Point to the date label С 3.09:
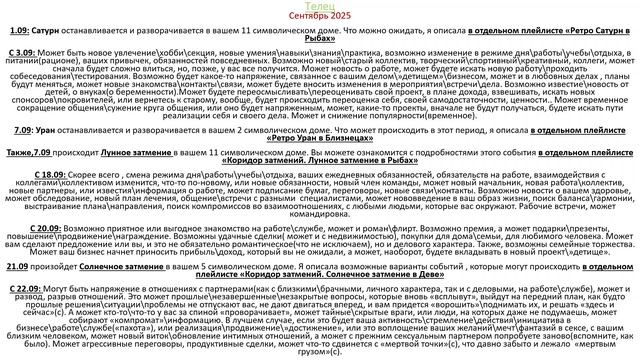[x=21, y=49]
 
